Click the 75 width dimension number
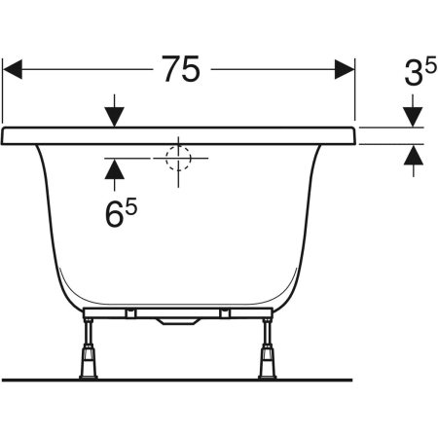point(181,69)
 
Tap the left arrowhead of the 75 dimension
point(13,69)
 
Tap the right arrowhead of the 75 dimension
point(345,69)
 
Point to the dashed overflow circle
point(178,158)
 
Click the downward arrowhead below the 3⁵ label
point(413,117)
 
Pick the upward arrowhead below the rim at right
point(414,155)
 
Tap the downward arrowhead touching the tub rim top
point(114,117)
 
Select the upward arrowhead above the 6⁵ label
point(114,169)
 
